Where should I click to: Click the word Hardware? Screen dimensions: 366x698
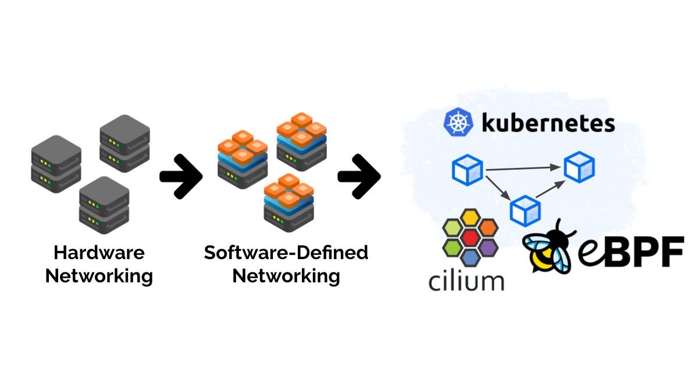(x=99, y=253)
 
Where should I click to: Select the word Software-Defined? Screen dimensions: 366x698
(x=286, y=253)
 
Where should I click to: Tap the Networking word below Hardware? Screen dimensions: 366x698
(x=99, y=275)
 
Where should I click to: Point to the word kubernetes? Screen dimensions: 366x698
(x=548, y=123)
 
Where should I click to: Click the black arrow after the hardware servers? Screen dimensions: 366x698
(x=180, y=176)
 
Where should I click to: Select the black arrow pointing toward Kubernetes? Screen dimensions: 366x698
(x=358, y=176)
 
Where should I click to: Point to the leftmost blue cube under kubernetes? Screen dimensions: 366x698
(x=467, y=170)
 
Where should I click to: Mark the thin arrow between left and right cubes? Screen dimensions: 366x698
(x=523, y=168)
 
